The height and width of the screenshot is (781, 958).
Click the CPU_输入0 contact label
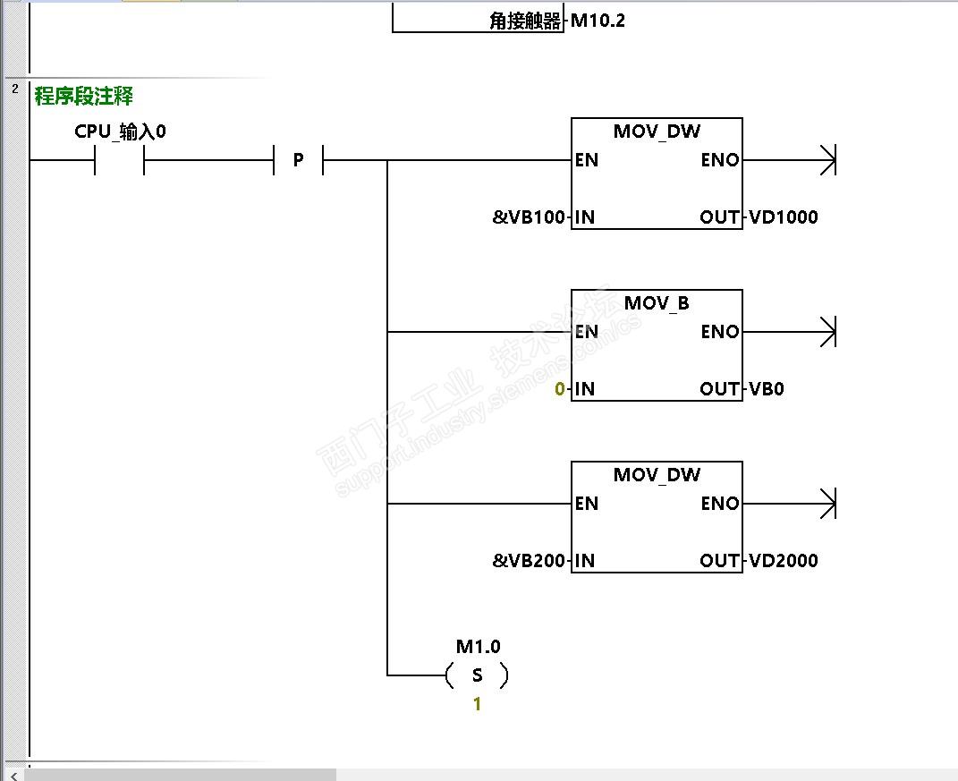pos(120,132)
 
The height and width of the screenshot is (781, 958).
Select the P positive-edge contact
pos(298,161)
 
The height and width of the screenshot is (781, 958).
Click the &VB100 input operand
pos(529,217)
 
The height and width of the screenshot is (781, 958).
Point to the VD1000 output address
pos(783,217)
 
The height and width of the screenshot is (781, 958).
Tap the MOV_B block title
pos(657,303)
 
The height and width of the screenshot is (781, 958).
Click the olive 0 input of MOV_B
pos(560,389)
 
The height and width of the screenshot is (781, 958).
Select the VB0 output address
pos(767,389)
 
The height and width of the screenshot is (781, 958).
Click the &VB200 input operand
pos(529,561)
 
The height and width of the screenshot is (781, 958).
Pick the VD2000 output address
pos(783,561)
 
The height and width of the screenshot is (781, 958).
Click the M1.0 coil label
pos(478,647)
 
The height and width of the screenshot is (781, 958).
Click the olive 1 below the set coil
pos(477,705)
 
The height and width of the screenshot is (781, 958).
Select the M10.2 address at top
pos(598,21)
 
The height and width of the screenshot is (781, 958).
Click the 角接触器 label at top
pos(525,21)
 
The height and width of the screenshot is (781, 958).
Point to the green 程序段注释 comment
pos(83,96)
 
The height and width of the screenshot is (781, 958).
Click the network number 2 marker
pos(15,89)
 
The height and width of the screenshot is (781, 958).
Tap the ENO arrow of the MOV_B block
pos(827,333)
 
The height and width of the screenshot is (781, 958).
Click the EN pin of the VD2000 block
pos(587,504)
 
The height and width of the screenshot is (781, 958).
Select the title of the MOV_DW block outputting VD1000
pos(657,132)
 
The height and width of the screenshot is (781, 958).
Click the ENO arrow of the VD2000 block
pos(827,505)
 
